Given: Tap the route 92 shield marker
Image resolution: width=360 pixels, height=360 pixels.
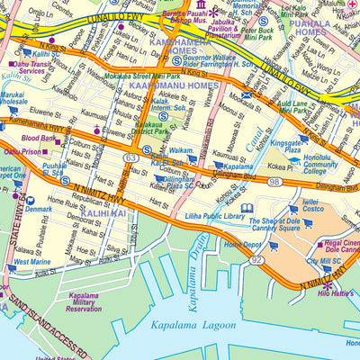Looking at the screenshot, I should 257,258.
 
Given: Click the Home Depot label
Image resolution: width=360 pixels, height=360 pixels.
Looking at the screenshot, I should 243,244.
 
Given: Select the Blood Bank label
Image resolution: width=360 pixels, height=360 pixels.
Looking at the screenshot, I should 38,138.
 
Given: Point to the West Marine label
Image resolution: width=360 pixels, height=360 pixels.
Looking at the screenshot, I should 32,262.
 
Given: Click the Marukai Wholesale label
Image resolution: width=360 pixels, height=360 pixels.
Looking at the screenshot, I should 13,97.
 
